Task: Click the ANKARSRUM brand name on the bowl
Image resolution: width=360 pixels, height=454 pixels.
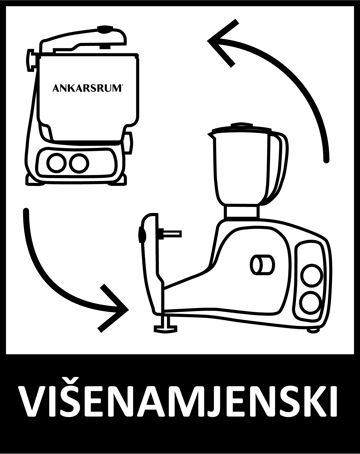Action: pyautogui.click(x=88, y=88)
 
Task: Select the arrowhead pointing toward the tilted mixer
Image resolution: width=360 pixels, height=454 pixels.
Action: pyautogui.click(x=113, y=309)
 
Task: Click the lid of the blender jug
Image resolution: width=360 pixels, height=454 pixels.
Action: pyautogui.click(x=242, y=128)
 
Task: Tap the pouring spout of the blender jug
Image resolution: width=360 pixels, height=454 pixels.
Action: pyautogui.click(x=212, y=135)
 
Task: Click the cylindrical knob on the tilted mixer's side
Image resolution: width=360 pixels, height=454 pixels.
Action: pyautogui.click(x=262, y=265)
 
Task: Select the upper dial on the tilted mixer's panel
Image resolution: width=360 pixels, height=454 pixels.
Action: pyautogui.click(x=312, y=275)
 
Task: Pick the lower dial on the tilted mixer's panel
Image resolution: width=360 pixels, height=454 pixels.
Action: pyautogui.click(x=310, y=303)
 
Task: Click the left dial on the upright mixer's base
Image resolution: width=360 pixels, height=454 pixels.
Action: pyautogui.click(x=56, y=163)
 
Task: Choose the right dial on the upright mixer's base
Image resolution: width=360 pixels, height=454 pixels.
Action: pyautogui.click(x=79, y=163)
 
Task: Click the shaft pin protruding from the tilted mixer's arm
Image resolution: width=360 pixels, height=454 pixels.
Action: pyautogui.click(x=170, y=233)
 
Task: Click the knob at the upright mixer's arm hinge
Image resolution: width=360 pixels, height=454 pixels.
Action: pyautogui.click(x=31, y=60)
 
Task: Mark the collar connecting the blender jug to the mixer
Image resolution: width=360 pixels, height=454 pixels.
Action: pyautogui.click(x=242, y=212)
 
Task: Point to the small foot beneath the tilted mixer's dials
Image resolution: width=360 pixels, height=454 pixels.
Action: pyautogui.click(x=313, y=330)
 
